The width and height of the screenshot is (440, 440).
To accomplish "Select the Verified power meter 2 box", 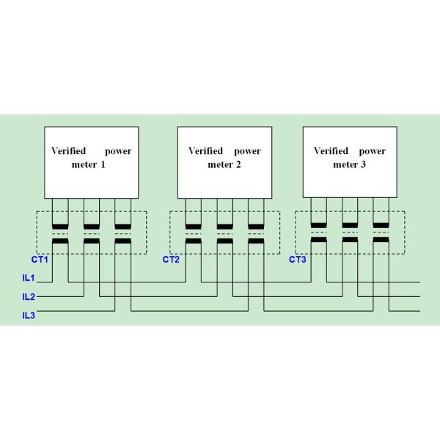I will click(x=224, y=158).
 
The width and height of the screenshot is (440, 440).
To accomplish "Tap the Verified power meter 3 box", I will click(x=349, y=158).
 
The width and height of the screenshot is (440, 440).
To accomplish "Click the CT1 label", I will click(x=40, y=260).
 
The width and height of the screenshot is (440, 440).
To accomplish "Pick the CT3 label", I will click(x=297, y=260).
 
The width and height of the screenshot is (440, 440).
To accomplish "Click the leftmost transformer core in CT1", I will click(x=60, y=232).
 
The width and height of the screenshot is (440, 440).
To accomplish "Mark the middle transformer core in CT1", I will click(x=91, y=232).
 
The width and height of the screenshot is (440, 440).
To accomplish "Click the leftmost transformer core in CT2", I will click(x=193, y=232).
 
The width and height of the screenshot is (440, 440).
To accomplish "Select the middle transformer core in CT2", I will click(x=224, y=232).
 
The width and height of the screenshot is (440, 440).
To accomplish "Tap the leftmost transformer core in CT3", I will click(x=318, y=232).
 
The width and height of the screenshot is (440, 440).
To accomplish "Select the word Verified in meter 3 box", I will click(x=331, y=151).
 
